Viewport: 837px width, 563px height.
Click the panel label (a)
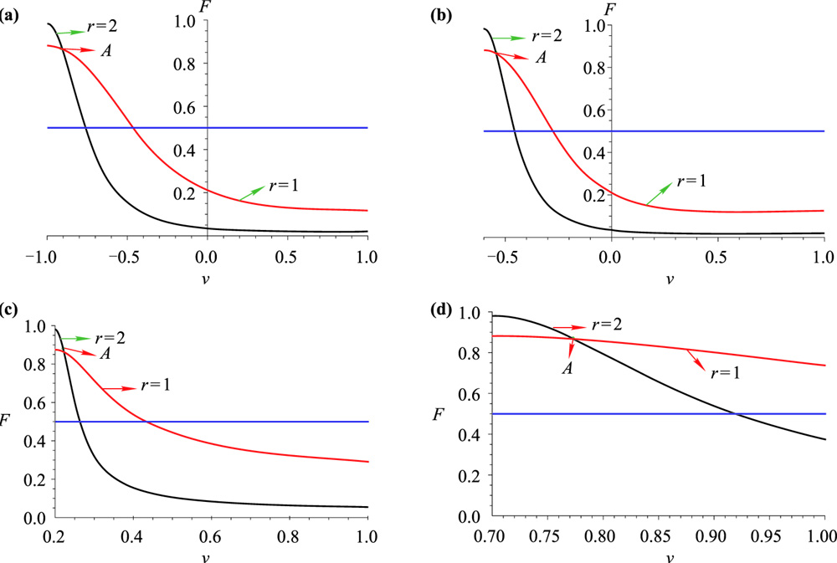point(12,14)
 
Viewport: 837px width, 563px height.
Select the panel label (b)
point(437,14)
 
